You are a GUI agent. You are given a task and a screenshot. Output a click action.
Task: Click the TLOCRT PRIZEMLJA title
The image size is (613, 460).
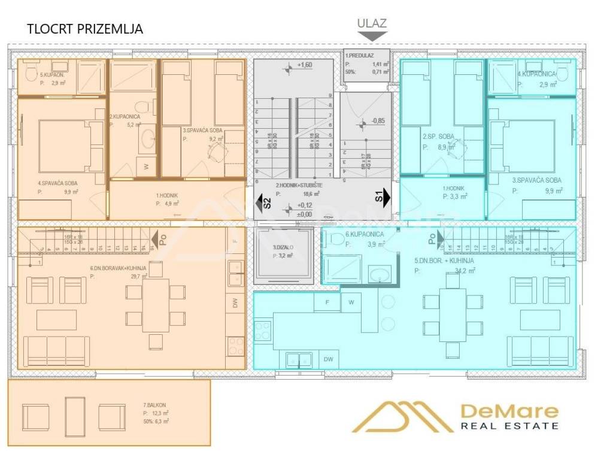(86, 29)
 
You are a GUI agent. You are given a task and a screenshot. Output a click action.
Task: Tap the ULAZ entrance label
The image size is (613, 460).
(372, 24)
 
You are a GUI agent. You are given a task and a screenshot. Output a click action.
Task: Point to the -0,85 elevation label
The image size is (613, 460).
(378, 121)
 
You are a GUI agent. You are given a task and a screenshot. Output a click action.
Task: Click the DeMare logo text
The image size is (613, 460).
(509, 411)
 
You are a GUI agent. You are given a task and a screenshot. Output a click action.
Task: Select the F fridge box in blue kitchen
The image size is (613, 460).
(327, 302)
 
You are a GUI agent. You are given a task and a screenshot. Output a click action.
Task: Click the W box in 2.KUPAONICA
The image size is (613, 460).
(146, 166)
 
